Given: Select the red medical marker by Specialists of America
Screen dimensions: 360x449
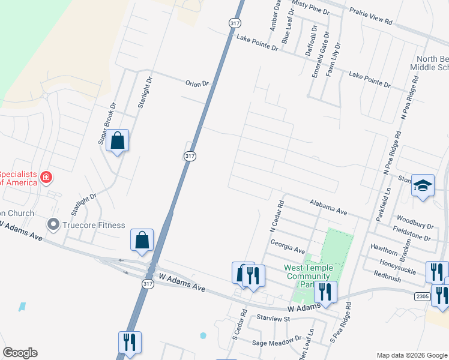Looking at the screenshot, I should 46,177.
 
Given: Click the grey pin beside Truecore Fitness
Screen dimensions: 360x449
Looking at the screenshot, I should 53,226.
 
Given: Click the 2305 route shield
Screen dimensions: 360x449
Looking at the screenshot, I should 421,296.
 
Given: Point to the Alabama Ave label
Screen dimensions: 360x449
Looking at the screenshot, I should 329,208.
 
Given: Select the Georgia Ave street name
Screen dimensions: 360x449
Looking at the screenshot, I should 288,247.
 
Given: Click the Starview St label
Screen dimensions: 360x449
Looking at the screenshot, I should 273,317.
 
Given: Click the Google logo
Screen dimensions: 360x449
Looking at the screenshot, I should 20,353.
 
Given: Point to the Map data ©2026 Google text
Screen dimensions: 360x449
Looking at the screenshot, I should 411,355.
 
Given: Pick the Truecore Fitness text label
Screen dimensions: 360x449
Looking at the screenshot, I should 95,226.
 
